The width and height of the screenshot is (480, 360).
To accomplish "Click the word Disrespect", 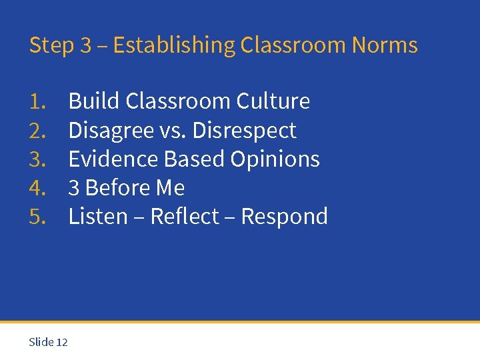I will tap(244, 131).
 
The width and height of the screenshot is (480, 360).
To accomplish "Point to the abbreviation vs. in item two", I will tap(173, 131).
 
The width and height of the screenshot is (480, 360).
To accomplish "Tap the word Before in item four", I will tap(117, 188).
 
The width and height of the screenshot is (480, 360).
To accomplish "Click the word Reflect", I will tap(185, 217).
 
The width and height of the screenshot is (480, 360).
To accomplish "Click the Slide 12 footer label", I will tap(48, 342).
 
